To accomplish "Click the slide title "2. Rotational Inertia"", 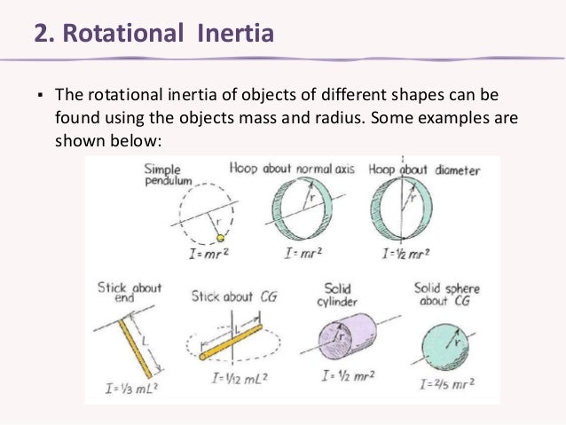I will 153,35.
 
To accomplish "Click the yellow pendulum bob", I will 222,237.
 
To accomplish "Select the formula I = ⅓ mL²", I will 129,390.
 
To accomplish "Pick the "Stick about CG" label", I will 233,295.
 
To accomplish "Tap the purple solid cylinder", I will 343,338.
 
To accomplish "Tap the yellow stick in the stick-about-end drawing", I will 124,342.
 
